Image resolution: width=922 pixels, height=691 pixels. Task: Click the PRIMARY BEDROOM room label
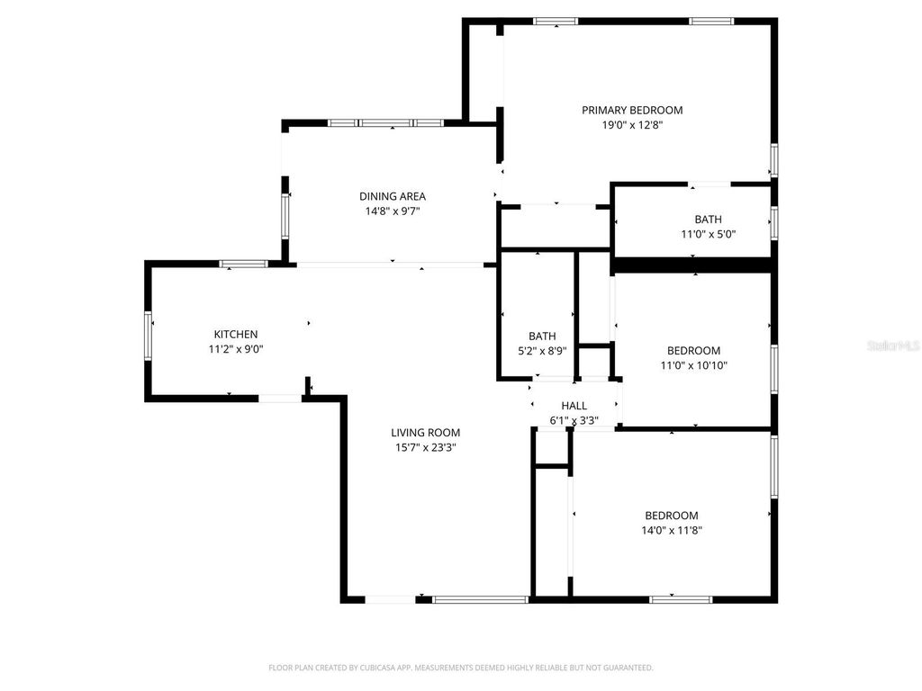[x=632, y=110]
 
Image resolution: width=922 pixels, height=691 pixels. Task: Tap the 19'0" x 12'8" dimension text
[x=632, y=125]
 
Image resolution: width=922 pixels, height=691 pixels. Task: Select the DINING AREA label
[x=393, y=196]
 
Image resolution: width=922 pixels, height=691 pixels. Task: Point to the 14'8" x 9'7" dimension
[x=393, y=211]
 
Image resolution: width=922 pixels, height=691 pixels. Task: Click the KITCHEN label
[x=236, y=335]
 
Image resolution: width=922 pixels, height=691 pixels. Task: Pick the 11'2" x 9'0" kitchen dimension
[x=236, y=350]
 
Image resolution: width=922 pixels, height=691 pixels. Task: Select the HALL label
[x=574, y=406]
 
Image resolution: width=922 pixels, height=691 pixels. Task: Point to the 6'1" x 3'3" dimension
[x=574, y=420]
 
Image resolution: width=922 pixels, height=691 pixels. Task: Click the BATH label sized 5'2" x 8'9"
[x=542, y=337]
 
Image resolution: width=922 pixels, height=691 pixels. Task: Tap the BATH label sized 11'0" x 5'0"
[x=708, y=220]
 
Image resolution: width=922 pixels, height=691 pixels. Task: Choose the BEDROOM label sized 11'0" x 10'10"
[x=693, y=351]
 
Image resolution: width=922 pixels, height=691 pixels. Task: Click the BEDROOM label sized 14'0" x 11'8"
[x=672, y=516]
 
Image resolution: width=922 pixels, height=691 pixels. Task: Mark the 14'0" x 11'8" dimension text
[x=672, y=531]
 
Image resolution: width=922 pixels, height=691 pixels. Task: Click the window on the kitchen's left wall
[x=149, y=335]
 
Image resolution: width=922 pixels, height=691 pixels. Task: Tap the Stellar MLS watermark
[x=893, y=345]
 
